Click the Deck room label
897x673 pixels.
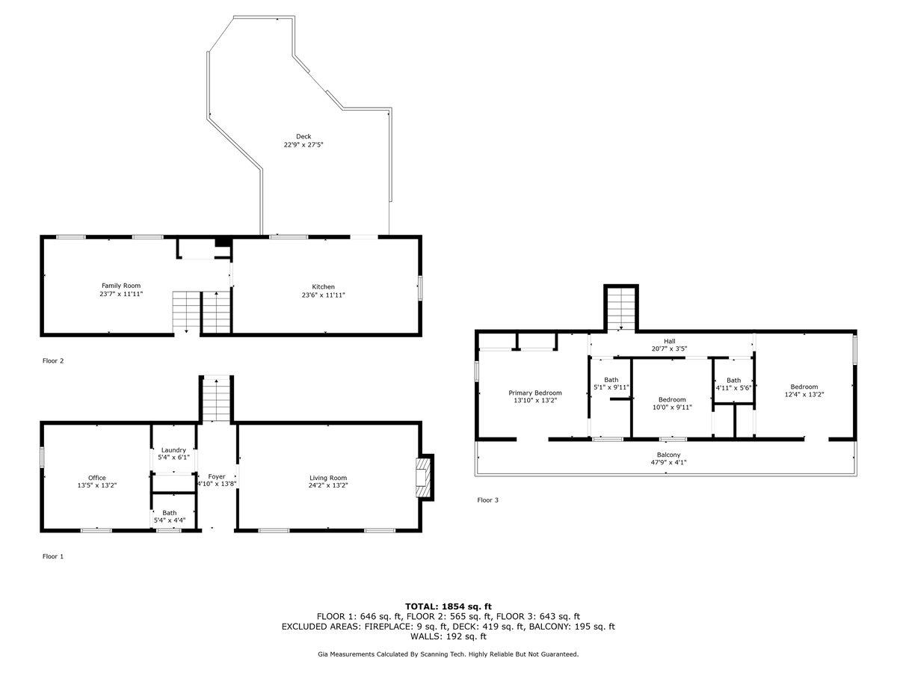point(303,137)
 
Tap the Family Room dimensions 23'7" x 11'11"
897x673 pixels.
point(121,293)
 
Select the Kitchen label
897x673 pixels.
point(323,287)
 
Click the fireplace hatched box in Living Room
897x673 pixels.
point(423,477)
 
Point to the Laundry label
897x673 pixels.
point(173,450)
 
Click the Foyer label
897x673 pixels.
point(217,476)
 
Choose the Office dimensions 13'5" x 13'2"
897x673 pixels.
point(97,485)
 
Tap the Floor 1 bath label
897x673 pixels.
point(169,513)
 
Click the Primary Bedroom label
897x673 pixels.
point(535,393)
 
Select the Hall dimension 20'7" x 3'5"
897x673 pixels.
point(669,349)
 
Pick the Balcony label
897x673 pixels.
point(668,455)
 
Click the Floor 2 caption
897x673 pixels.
point(53,360)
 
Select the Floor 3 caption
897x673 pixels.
point(488,500)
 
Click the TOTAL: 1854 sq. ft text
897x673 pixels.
point(449,606)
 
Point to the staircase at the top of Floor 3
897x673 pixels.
point(621,309)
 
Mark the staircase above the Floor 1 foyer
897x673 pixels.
point(216,399)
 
